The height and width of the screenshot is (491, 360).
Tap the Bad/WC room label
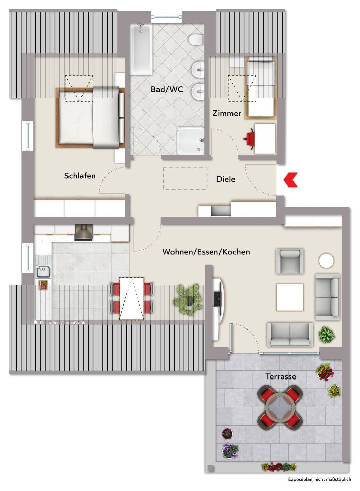click(167, 89)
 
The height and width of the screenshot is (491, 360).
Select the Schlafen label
click(80, 176)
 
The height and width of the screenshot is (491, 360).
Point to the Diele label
click(226, 179)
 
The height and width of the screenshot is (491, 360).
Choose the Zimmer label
click(227, 113)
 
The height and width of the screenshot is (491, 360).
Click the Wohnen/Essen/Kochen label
click(206, 252)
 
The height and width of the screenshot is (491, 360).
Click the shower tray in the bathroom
click(191, 140)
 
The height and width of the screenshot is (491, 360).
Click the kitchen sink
click(44, 266)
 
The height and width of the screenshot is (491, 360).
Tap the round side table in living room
click(327, 261)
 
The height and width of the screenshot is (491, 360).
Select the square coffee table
click(290, 297)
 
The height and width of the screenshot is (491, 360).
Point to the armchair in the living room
click(290, 261)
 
